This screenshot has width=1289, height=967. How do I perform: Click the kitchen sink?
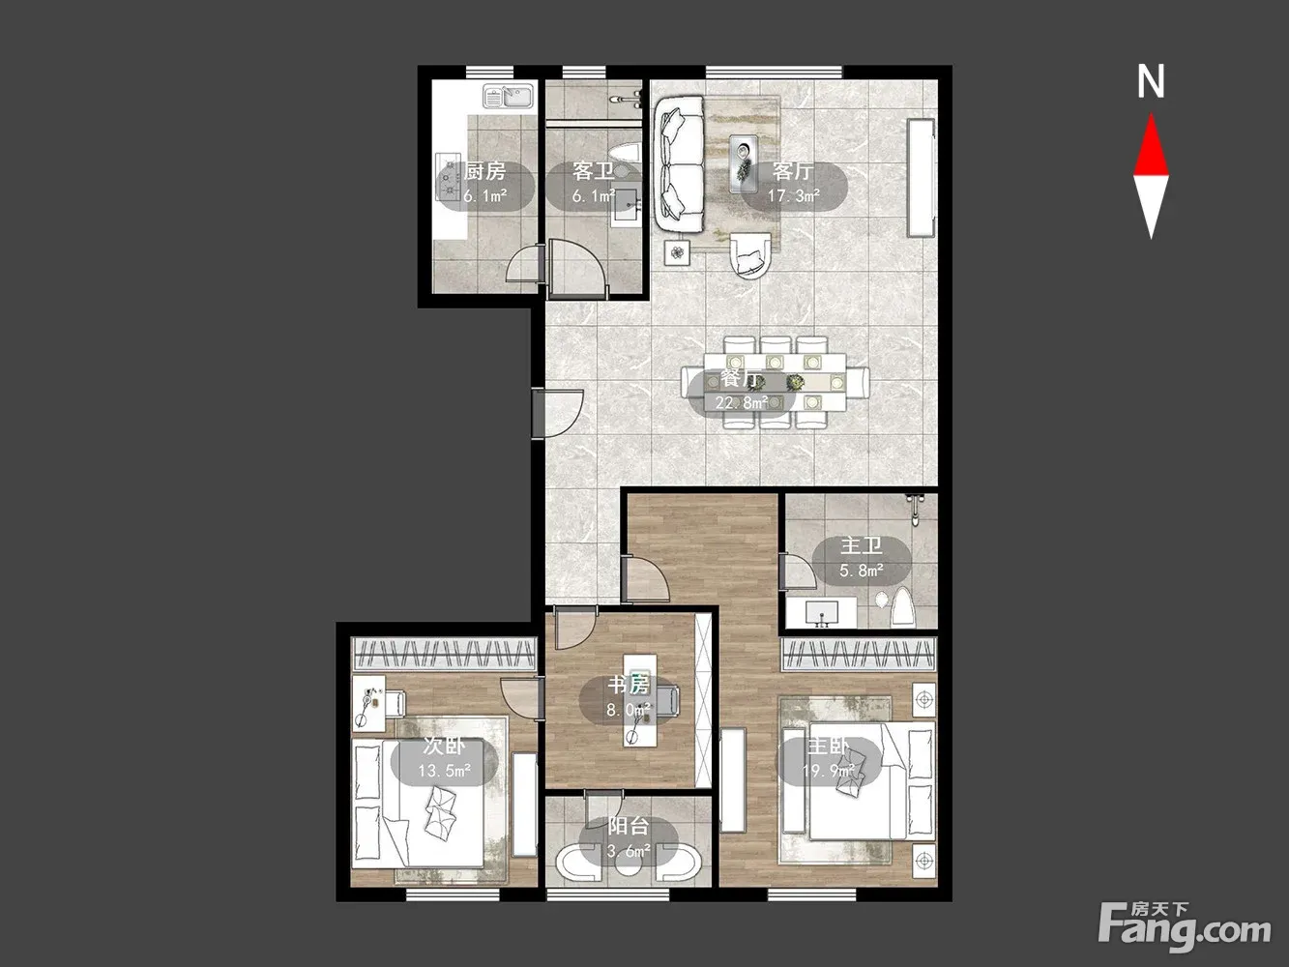pos(509,96)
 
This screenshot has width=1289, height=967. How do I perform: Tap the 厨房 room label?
pos(484,171)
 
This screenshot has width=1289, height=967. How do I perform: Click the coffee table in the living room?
pos(744,163)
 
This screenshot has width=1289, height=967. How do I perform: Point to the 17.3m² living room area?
pos(793,195)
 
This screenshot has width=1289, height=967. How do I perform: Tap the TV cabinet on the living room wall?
pos(921,177)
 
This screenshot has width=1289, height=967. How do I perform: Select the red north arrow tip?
pos(1151,114)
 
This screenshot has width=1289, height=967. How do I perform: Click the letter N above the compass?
pos(1151,82)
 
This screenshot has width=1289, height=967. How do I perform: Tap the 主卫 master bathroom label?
pos(861,546)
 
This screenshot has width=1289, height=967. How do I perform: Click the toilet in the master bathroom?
pos(902,607)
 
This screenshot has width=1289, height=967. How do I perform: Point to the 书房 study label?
pos(629,685)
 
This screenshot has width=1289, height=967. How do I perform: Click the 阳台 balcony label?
pos(629,826)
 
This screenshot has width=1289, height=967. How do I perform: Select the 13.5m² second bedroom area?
pos(444,771)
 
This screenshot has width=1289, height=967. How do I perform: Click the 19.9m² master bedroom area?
pos(829,771)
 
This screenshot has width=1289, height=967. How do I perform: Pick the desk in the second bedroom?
pos(368,703)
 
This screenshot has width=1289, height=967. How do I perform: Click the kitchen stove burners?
pos(451,177)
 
